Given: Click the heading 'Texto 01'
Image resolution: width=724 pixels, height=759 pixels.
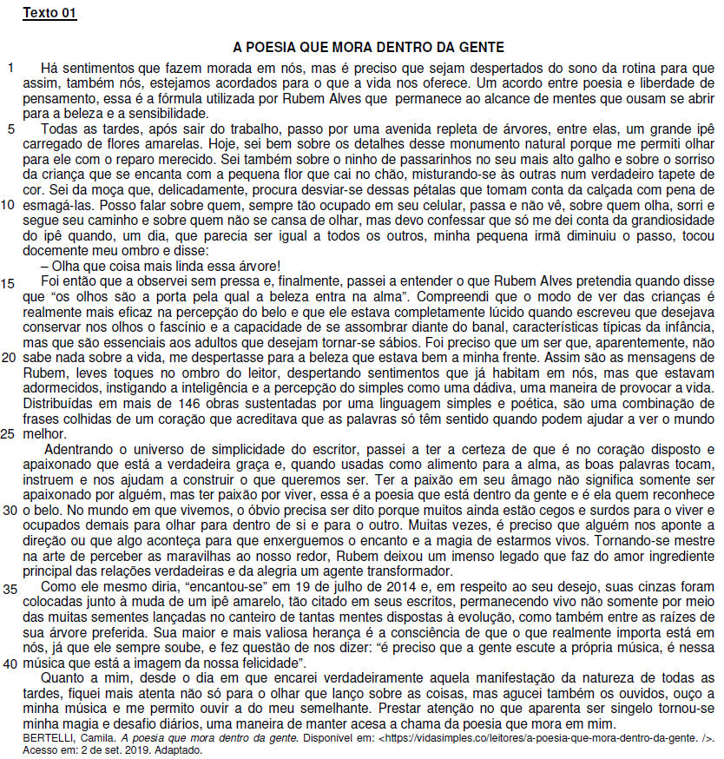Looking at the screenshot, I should point(49,13).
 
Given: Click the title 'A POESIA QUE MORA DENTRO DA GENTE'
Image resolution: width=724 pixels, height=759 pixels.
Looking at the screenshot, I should point(369,47).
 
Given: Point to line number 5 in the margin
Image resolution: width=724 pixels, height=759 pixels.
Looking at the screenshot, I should point(11,129).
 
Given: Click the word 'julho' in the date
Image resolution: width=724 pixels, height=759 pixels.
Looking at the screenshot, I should point(289,588).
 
